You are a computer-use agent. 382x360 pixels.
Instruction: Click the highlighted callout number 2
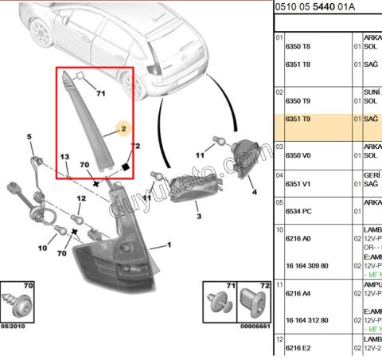tap(123, 127)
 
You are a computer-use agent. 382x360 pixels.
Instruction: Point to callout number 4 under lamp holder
tap(253, 192)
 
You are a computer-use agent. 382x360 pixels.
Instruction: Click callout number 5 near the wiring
tap(29, 138)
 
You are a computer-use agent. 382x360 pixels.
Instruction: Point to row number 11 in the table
tap(279, 283)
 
